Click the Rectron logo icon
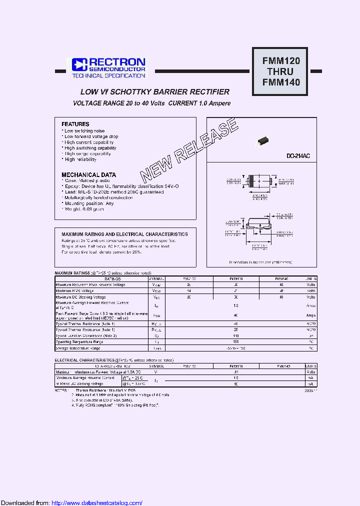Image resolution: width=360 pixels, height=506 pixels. pyautogui.click(x=79, y=64)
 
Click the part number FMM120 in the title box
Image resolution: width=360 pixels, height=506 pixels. pyautogui.click(x=281, y=61)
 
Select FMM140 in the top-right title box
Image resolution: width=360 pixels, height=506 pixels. pyautogui.click(x=281, y=82)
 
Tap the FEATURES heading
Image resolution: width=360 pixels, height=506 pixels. pyautogui.click(x=75, y=124)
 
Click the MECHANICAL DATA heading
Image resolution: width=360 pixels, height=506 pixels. pyautogui.click(x=88, y=175)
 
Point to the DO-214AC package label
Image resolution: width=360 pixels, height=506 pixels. pyautogui.click(x=298, y=156)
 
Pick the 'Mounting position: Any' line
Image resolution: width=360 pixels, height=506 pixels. pyautogui.click(x=88, y=203)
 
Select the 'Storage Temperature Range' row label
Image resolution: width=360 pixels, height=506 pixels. pyautogui.click(x=79, y=347)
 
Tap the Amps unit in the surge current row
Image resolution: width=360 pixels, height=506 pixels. pyautogui.click(x=311, y=315)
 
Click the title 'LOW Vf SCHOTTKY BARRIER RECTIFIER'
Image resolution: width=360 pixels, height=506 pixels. pyautogui.click(x=155, y=92)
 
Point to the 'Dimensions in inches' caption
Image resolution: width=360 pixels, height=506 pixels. pyautogui.click(x=260, y=262)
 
